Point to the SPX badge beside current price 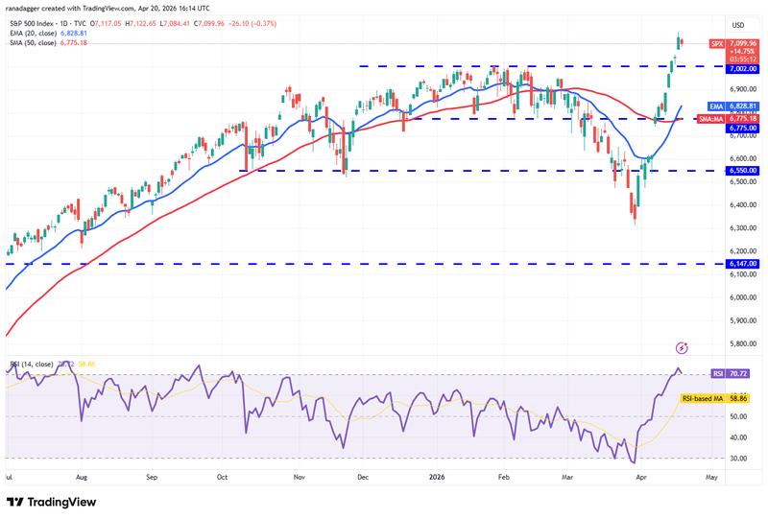717,43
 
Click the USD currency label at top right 738,25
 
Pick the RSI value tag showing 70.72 738,373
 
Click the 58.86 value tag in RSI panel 738,397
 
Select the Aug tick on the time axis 82,475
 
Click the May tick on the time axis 710,475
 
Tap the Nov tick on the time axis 298,475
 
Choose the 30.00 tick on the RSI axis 738,459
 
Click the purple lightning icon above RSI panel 682,347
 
